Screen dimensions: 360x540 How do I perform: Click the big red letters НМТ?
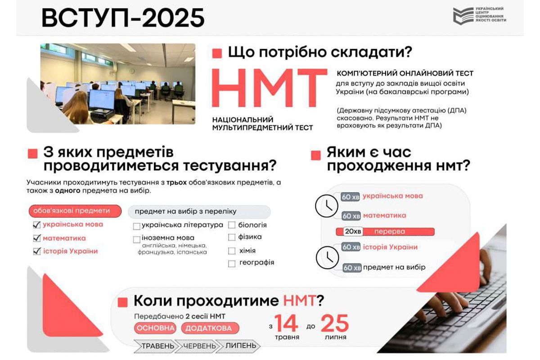coord(269,89)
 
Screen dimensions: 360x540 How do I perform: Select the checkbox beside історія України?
coord(37,252)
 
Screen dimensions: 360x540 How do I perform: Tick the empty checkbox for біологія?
coord(232,225)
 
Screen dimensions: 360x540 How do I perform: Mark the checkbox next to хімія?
coord(232,251)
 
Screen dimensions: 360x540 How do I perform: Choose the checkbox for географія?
coord(232,263)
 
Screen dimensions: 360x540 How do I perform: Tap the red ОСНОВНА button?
coord(155,328)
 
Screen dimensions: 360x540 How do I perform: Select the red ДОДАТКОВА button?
coord(210,328)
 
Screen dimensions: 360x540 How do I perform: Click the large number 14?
coord(286,323)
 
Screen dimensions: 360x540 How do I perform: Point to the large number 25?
coord(334,323)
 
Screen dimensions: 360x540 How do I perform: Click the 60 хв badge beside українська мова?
coord(351,197)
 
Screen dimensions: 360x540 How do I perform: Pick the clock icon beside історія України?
coord(327,257)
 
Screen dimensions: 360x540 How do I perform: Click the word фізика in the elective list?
coord(250,237)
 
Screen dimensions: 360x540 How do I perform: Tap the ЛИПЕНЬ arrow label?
coord(240,346)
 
